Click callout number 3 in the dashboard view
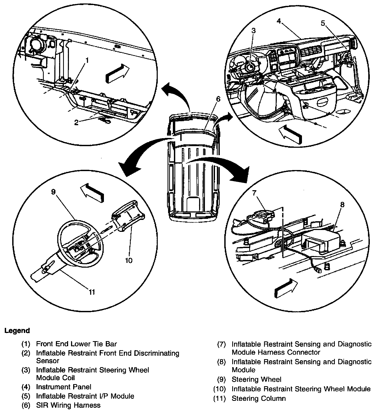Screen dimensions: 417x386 (x=254, y=31)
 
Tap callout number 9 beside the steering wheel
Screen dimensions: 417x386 (x=54, y=192)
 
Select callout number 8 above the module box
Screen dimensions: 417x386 (x=342, y=205)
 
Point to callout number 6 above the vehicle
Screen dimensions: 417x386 (x=218, y=99)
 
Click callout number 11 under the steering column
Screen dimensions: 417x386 (x=92, y=292)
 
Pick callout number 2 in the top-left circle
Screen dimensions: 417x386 (x=76, y=122)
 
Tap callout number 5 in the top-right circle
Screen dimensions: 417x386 (x=323, y=23)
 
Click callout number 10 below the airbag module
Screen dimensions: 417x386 (x=129, y=260)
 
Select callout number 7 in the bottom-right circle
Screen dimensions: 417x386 (x=255, y=193)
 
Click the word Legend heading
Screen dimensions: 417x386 (x=17, y=331)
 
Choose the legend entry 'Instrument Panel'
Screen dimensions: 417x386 (x=64, y=387)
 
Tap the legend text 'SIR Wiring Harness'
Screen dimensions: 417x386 (x=68, y=405)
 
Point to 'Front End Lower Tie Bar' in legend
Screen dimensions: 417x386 (x=76, y=344)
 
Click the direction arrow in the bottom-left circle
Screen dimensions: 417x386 (x=92, y=192)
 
